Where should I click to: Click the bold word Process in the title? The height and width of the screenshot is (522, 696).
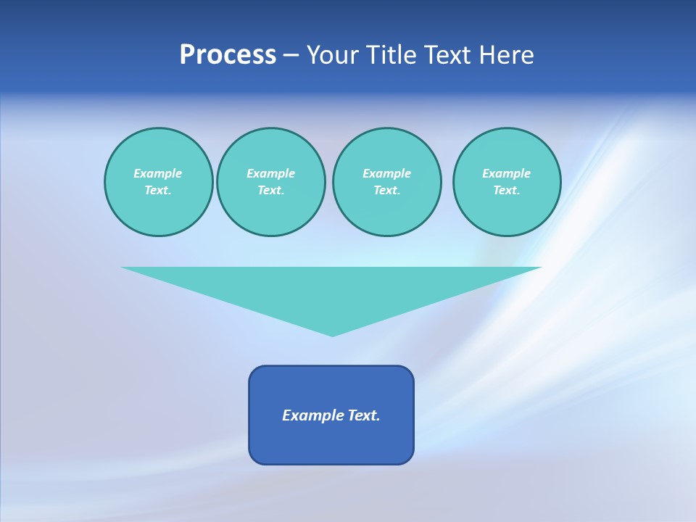228,55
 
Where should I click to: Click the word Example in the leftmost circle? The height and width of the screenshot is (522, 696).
158,173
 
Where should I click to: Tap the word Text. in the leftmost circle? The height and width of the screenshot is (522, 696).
158,190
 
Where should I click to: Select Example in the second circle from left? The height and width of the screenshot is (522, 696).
270,173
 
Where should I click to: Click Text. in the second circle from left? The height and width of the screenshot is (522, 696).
270,190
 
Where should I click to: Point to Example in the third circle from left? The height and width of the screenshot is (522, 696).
386,173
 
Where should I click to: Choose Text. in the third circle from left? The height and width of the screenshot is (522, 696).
386,190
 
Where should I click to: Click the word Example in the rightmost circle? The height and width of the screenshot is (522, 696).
506,173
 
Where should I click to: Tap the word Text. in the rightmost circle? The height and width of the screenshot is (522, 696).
506,190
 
